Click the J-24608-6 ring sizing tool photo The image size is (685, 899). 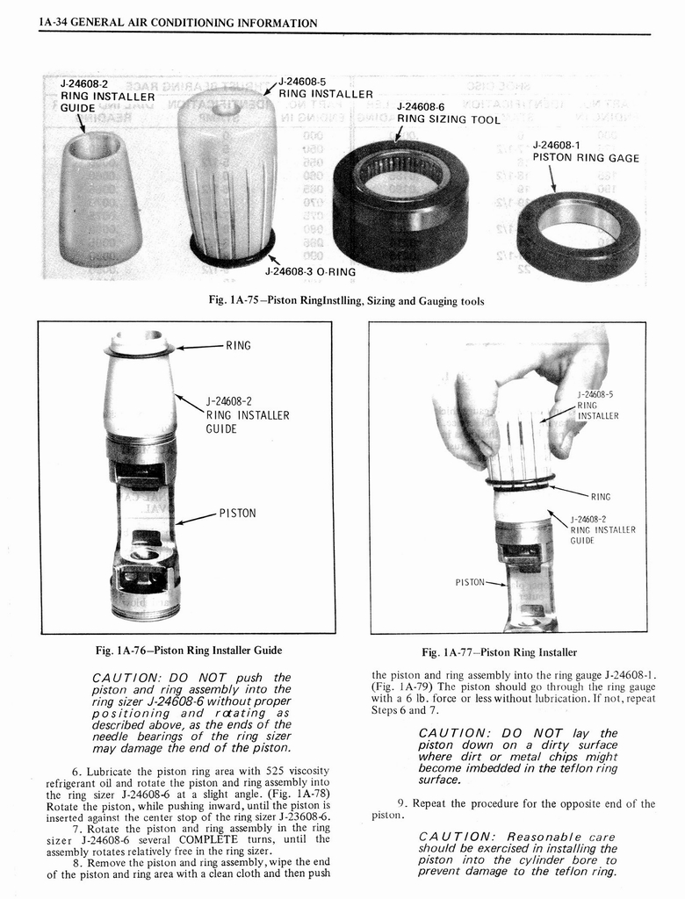400,206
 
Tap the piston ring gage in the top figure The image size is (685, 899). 579,235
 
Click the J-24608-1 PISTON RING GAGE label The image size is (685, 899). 585,151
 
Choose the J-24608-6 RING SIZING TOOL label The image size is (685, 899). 448,113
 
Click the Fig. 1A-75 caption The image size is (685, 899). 346,301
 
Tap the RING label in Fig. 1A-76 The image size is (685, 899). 238,346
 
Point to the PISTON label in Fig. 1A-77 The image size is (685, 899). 470,581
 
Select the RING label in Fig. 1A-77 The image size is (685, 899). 600,496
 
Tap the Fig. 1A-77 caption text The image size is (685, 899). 499,652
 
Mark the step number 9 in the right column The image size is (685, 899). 401,802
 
